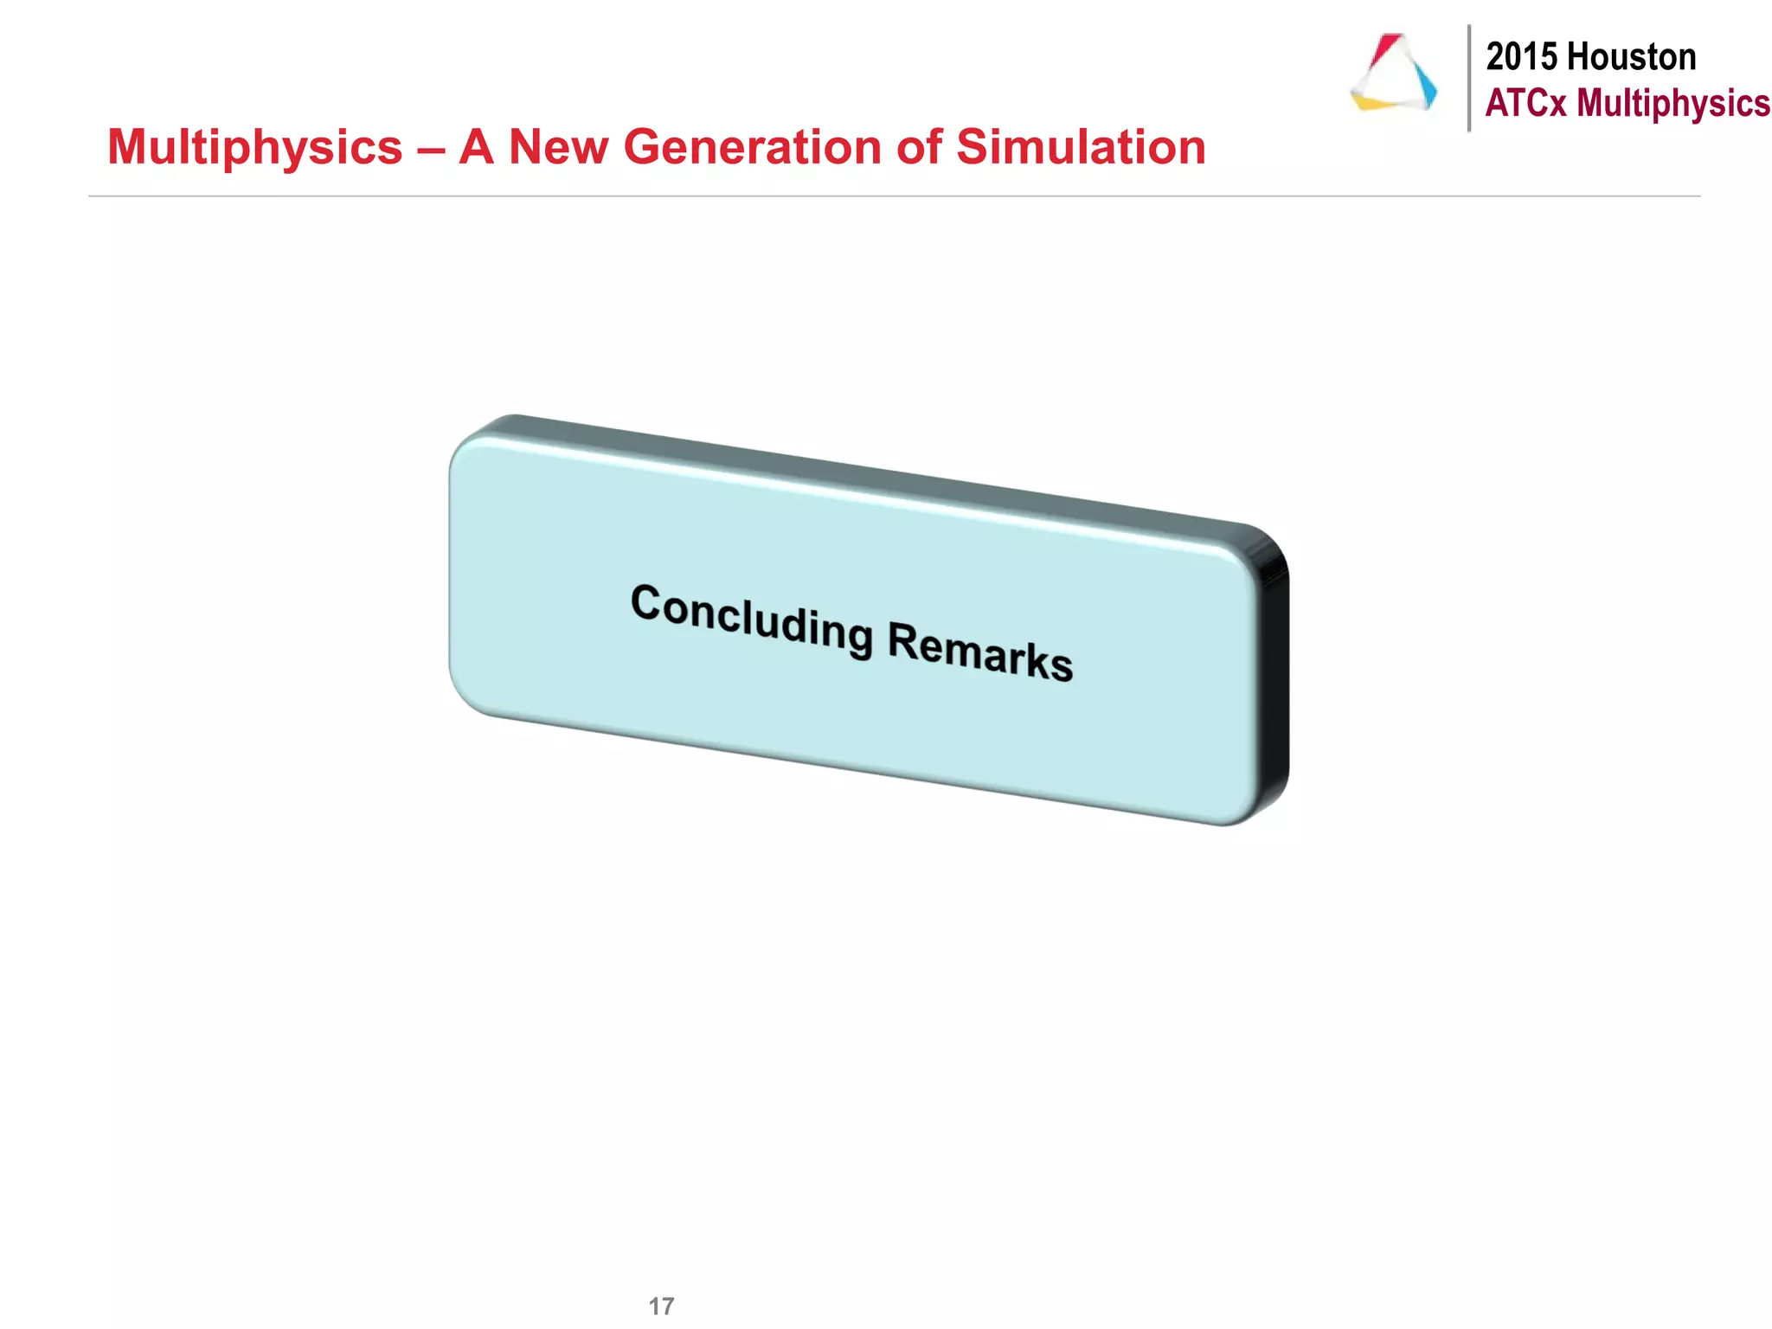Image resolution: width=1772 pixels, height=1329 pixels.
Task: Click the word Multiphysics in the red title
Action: tap(254, 148)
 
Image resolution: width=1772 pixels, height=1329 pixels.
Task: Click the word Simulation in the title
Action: tap(1081, 147)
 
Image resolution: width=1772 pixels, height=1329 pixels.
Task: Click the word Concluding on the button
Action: tap(751, 619)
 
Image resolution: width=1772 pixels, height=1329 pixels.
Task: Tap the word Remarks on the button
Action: tap(980, 652)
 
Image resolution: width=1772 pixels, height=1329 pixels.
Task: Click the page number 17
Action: tap(661, 1306)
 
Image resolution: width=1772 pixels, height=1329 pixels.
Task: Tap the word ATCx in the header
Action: tap(1525, 103)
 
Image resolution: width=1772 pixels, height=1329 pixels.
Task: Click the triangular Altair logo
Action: tap(1393, 74)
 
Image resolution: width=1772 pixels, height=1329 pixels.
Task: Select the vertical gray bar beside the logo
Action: tap(1468, 78)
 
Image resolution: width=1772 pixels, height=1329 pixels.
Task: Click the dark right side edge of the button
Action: tap(1274, 684)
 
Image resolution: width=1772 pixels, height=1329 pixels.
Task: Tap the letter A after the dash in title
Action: tap(477, 147)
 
